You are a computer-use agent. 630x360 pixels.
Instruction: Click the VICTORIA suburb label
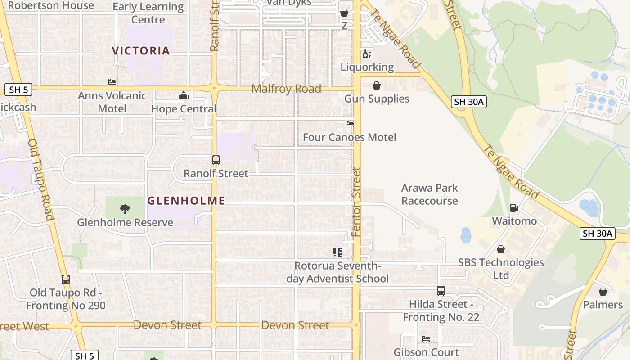tap(141, 50)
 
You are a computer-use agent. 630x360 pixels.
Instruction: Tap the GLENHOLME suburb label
tap(186, 201)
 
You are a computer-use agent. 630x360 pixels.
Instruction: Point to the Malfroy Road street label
tap(286, 89)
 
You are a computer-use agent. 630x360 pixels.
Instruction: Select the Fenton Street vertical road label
tap(356, 202)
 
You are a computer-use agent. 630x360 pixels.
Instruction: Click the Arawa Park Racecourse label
tap(429, 194)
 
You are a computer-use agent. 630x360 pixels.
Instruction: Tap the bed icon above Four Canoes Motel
tap(350, 124)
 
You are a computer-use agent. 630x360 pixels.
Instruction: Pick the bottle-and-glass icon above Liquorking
tap(367, 54)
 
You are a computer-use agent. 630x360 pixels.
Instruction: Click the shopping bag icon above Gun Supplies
tap(377, 85)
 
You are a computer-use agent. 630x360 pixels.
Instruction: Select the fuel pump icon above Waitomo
tap(514, 208)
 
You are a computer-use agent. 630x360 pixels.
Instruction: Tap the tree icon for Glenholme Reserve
tap(125, 209)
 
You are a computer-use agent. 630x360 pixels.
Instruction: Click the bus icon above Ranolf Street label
tap(216, 160)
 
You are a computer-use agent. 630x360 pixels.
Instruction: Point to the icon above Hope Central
tap(183, 95)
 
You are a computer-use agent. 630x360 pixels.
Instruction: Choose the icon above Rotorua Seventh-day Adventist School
tap(337, 252)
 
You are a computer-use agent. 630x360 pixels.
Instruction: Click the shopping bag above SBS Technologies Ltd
tap(501, 249)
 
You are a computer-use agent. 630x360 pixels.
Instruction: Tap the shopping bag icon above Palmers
tap(603, 292)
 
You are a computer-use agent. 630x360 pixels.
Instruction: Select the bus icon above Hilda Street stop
tap(441, 291)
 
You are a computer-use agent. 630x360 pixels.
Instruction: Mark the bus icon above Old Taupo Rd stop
tap(66, 279)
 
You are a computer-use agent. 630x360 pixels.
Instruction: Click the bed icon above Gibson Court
tap(426, 338)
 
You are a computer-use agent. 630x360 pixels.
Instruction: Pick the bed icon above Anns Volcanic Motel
tap(112, 82)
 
